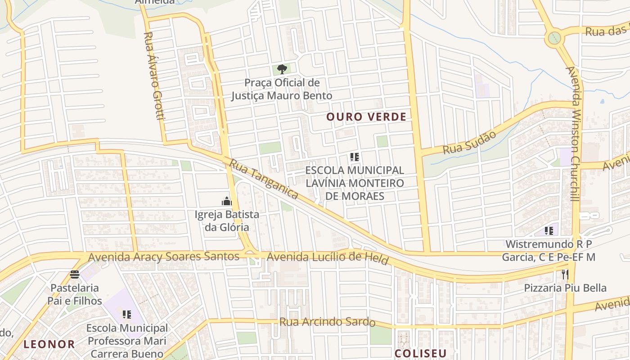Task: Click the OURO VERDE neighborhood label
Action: [x=366, y=117]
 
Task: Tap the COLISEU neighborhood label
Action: [x=420, y=353]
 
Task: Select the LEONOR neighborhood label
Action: [x=49, y=345]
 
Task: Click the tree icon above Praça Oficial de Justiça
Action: [x=282, y=69]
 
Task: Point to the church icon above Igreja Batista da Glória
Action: [x=226, y=201]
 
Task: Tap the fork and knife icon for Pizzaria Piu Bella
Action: [x=565, y=274]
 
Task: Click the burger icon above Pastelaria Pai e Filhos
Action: [x=75, y=274]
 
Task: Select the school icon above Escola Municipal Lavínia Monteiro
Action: [x=355, y=157]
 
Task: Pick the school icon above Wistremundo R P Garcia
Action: [x=549, y=231]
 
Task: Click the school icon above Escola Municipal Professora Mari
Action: [x=127, y=315]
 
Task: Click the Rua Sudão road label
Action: [x=469, y=143]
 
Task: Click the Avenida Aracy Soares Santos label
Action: [x=164, y=257]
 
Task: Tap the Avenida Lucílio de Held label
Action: [x=328, y=258]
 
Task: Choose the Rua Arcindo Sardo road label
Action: [x=327, y=322]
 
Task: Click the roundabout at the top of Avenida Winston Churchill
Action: [x=554, y=38]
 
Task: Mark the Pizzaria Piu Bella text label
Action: [x=565, y=288]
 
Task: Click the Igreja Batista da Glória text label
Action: [x=226, y=220]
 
